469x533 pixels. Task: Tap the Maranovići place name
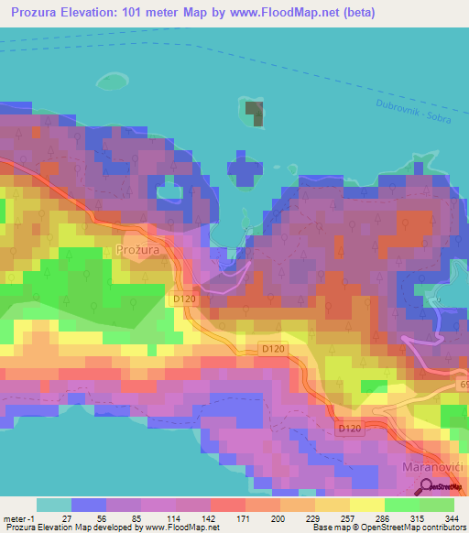pos(435,467)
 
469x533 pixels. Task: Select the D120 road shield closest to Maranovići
pos(348,429)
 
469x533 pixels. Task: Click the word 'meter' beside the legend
pos(15,517)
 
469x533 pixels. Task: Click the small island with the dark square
pos(254,114)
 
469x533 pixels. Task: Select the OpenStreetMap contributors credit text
pos(388,528)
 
